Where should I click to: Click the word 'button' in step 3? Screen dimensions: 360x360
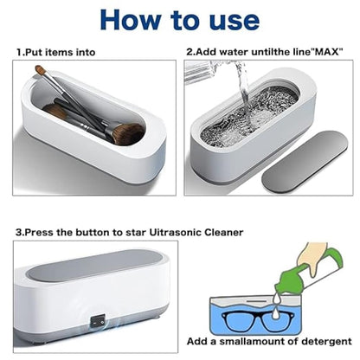point(90,233)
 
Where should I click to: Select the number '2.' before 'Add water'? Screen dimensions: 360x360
point(191,53)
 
